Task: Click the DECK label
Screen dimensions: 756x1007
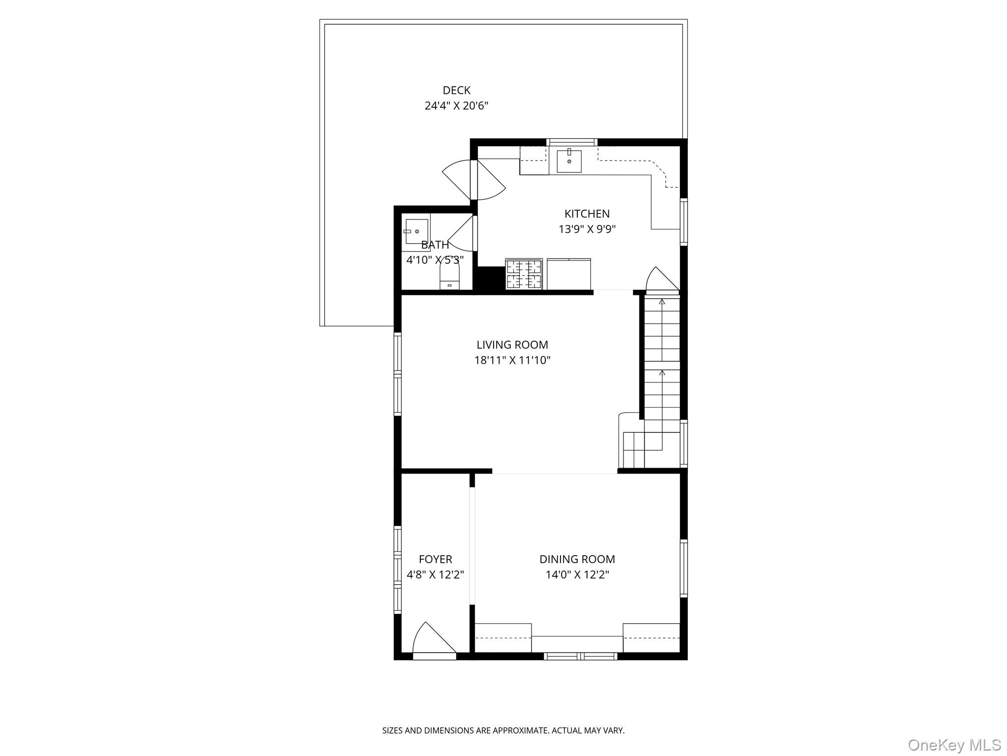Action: coord(456,91)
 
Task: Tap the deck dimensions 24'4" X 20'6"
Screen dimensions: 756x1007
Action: coord(456,106)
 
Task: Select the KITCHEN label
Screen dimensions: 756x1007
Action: coord(587,214)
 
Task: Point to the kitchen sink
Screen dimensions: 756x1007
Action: coord(569,161)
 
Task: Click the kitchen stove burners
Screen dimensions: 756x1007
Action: coord(524,274)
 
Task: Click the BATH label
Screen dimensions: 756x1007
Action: coord(435,245)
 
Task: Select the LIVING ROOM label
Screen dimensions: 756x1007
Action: coord(512,345)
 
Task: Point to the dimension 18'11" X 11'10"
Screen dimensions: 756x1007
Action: coord(512,360)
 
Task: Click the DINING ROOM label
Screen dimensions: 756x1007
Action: coord(577,559)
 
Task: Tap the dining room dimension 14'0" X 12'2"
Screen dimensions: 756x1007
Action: coord(577,574)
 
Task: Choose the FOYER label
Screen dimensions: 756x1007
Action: coord(435,559)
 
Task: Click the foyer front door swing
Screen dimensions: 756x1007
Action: coord(433,640)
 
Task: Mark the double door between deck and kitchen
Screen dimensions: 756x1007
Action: coord(474,180)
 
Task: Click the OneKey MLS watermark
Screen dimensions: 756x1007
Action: coord(954,745)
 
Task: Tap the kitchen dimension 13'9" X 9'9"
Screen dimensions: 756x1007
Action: coord(587,229)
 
